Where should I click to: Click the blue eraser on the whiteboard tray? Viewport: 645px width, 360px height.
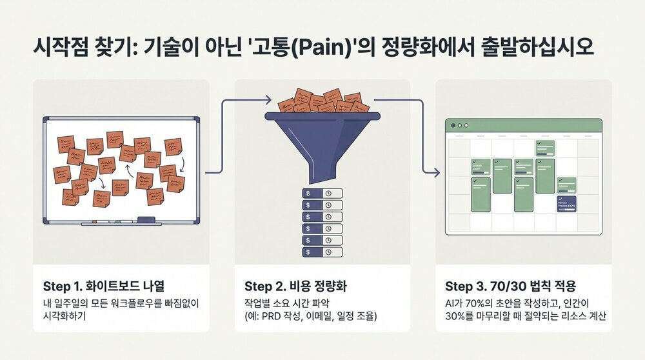pos(146,219)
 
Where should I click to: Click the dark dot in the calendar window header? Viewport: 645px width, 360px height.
pos(453,125)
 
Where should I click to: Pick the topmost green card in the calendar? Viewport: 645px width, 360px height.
pos(545,148)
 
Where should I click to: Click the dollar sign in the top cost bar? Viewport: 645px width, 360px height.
pos(308,193)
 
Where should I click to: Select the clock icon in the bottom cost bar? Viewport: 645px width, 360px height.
pos(328,251)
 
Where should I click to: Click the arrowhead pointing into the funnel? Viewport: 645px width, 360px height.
pos(268,99)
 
